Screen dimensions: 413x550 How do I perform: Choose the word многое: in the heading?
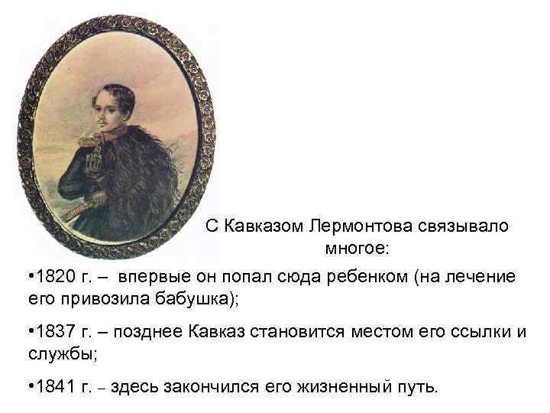(357, 248)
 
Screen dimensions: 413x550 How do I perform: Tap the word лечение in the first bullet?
(487, 276)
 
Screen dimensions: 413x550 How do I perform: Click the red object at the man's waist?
(82, 201)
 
